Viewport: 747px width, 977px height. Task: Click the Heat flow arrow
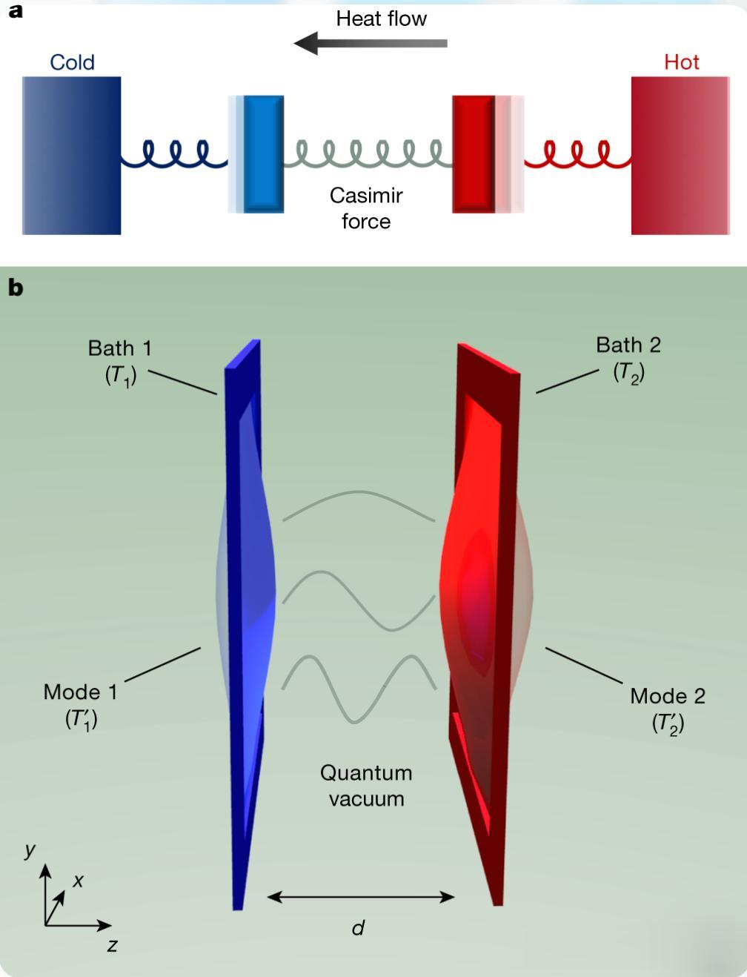370,43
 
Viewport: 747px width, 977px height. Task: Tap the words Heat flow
382,19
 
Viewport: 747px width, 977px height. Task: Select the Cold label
72,62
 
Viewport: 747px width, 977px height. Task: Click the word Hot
682,62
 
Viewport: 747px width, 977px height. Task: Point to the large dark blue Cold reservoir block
72,156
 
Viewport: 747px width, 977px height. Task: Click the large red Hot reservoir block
680,156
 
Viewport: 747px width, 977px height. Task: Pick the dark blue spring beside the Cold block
174,154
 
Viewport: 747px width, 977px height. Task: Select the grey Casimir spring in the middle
368,154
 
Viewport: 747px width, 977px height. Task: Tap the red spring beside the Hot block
577,154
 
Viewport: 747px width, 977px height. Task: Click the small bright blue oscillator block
263,154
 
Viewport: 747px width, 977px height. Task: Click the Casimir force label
366,208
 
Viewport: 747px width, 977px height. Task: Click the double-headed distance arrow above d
360,897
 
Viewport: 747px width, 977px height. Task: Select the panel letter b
16,288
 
